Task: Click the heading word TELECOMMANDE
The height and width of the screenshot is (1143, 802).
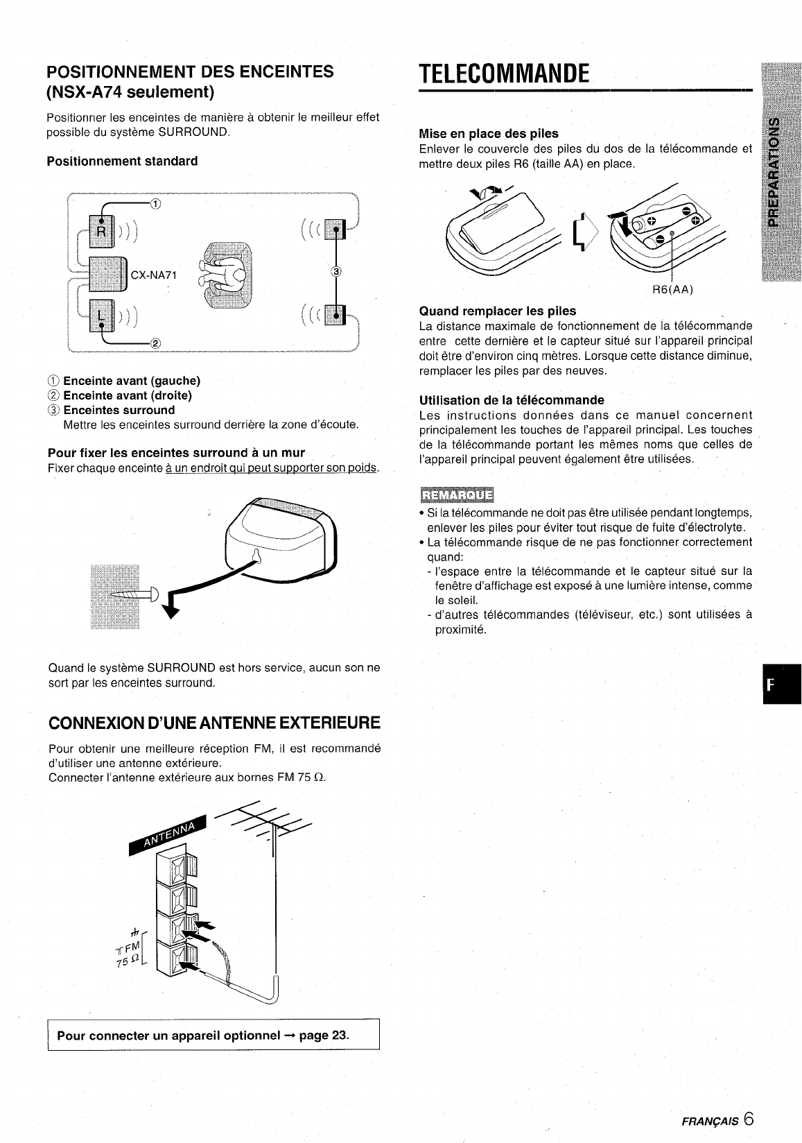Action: pos(503,74)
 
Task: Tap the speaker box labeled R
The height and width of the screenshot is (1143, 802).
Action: pos(102,231)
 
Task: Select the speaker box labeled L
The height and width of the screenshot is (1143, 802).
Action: pos(102,315)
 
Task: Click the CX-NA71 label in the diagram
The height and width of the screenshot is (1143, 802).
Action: pos(154,275)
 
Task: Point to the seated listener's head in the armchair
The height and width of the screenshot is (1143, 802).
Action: pos(238,275)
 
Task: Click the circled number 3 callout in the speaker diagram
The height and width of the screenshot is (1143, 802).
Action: pos(335,271)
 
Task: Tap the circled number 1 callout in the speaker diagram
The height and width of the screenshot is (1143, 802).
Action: pos(155,204)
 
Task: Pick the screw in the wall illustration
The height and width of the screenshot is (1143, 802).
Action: pos(134,594)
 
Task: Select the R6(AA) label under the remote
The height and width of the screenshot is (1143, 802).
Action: pos(672,289)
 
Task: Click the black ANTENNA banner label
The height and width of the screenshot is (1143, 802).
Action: pos(168,834)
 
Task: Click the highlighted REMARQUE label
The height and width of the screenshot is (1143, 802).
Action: pos(457,495)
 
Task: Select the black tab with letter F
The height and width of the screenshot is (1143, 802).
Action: pos(782,684)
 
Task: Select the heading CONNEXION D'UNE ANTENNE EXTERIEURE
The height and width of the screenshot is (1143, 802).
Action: pos(214,723)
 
